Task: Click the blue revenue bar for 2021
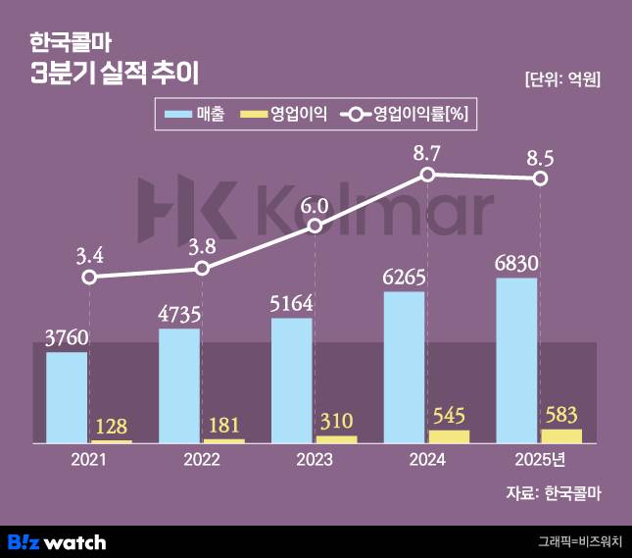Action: (67, 396)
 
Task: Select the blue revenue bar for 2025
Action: (516, 360)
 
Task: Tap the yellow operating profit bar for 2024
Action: (449, 435)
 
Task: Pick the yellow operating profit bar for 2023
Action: (336, 438)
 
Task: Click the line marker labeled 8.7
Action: (427, 175)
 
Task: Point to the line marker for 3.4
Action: (89, 278)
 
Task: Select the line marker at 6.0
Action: (315, 227)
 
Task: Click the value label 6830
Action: (516, 266)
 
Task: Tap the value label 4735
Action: (179, 315)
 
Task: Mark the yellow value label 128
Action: (111, 427)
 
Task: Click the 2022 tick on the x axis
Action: (202, 460)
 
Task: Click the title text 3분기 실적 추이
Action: (115, 74)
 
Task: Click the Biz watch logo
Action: (57, 541)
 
